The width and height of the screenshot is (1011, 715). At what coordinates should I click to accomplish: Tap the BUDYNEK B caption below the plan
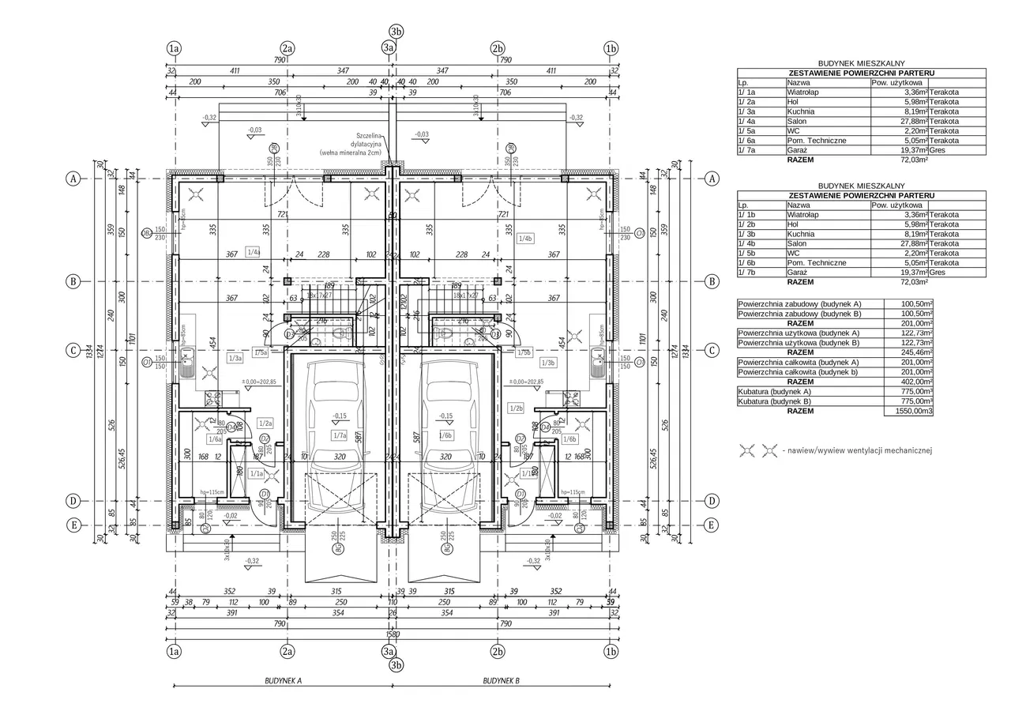click(502, 679)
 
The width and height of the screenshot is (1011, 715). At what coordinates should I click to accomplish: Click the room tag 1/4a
click(254, 252)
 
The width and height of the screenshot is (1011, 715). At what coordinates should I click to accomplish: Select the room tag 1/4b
click(525, 238)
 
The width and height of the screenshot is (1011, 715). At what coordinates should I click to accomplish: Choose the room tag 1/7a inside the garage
click(340, 435)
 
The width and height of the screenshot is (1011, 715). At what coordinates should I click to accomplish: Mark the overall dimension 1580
click(393, 634)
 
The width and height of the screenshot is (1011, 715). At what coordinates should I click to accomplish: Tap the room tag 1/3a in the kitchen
click(235, 359)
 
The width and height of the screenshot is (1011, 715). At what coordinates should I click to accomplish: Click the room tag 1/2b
click(517, 408)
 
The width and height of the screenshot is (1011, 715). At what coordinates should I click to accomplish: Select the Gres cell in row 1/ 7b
click(938, 273)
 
